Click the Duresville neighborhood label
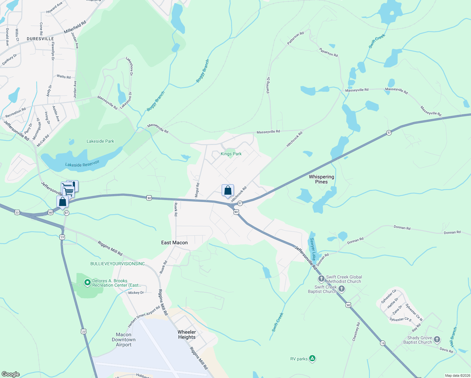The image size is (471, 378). click(40, 39)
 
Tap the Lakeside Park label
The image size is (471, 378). click(100, 141)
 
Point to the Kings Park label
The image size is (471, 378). click(231, 154)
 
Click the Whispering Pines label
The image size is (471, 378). click(321, 179)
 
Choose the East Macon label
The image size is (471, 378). click(174, 243)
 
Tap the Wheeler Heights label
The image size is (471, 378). click(187, 335)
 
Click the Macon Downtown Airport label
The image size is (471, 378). click(124, 340)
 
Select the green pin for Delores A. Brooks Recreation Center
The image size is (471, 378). click(87, 283)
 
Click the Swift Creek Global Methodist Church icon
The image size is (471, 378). click(321, 278)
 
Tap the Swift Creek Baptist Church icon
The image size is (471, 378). click(342, 289)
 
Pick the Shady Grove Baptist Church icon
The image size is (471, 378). click(437, 340)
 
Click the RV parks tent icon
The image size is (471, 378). click(312, 358)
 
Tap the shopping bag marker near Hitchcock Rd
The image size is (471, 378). click(228, 191)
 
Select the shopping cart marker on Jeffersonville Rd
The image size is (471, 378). click(68, 190)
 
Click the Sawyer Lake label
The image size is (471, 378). click(313, 249)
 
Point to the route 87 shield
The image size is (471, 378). click(66, 213)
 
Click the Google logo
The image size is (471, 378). click(11, 374)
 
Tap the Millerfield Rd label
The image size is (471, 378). click(75, 27)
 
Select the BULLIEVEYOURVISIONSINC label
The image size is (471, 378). click(117, 264)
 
